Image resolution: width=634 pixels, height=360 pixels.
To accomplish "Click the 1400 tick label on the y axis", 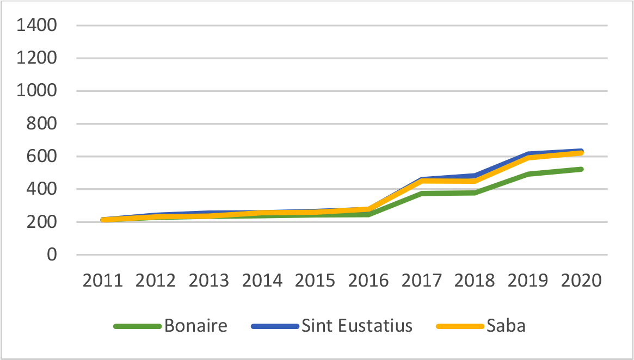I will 37,26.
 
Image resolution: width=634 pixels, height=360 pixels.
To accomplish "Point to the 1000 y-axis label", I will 37,91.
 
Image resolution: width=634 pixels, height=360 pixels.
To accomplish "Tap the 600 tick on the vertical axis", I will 43,157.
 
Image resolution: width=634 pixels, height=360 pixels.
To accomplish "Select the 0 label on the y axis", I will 52,255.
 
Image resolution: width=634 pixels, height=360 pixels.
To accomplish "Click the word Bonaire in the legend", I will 195,326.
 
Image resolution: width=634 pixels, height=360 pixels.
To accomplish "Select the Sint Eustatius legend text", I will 357,326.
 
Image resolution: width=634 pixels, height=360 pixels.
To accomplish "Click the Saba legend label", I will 507,326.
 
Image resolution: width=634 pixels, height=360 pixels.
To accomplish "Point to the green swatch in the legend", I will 137,326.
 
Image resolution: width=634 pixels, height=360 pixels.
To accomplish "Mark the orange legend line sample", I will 460,326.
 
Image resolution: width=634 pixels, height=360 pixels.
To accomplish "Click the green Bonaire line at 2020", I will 582,169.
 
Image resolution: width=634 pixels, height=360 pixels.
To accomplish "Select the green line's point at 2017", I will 422,193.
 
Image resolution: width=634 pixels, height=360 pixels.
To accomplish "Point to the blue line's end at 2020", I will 582,150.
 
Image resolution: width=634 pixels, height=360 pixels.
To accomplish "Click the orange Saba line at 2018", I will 476,181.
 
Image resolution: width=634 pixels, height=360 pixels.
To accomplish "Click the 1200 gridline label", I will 37,58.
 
